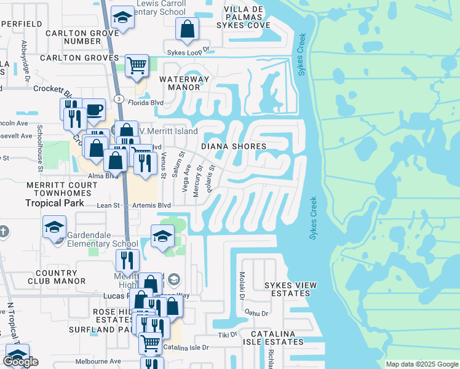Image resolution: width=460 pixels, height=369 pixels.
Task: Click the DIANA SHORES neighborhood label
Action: click(x=234, y=146)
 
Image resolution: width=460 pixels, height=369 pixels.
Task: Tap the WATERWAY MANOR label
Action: click(x=184, y=84)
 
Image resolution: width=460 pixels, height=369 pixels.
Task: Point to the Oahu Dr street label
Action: click(x=257, y=313)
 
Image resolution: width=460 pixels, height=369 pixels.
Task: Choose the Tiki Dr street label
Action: click(x=228, y=335)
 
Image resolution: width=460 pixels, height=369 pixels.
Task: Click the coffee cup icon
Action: click(x=93, y=110)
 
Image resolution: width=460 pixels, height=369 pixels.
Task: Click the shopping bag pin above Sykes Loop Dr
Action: click(x=187, y=28)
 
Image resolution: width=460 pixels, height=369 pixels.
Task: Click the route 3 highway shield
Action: click(x=119, y=99)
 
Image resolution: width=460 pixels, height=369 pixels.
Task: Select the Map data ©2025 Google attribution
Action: click(x=421, y=364)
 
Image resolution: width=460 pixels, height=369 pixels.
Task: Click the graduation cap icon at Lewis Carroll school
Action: click(x=123, y=18)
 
